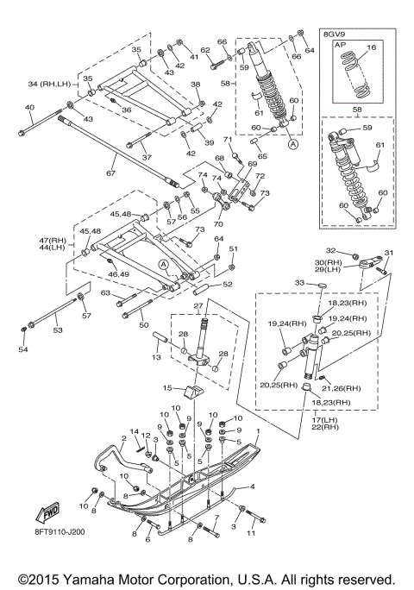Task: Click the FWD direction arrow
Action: [47, 513]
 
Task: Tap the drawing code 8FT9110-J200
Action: [58, 531]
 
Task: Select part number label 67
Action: [110, 173]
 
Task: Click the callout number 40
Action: [29, 108]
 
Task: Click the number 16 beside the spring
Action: [371, 47]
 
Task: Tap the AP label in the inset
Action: [341, 44]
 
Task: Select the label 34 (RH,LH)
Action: [49, 84]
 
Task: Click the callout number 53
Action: [58, 330]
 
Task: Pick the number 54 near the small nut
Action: [23, 349]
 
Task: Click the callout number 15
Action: [167, 387]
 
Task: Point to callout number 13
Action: [157, 357]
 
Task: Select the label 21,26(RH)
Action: [341, 388]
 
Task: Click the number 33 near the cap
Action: [299, 283]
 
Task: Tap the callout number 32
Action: [330, 251]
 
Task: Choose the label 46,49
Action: [119, 274]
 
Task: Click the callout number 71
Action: [228, 140]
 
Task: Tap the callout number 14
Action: [135, 431]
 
